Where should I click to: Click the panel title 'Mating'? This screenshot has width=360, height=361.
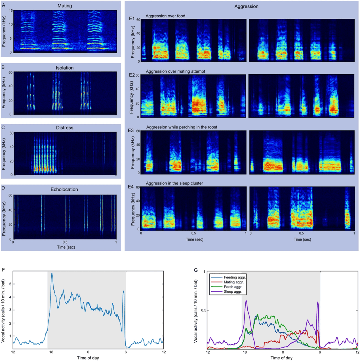[65, 6]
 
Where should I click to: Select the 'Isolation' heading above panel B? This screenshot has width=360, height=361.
[65, 68]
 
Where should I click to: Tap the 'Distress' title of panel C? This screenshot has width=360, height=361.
[65, 128]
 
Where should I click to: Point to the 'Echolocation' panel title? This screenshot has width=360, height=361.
[64, 189]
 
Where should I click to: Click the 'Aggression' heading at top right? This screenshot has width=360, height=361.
[246, 6]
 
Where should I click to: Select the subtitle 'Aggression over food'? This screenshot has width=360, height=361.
[165, 16]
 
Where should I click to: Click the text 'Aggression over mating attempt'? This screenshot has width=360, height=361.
[175, 71]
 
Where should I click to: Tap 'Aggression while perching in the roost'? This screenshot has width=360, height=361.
[182, 127]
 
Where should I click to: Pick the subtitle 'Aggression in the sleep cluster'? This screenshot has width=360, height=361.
[174, 183]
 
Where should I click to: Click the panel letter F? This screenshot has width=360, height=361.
[3, 270]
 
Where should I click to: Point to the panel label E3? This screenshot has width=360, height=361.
[131, 131]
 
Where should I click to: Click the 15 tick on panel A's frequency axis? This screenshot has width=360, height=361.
[11, 11]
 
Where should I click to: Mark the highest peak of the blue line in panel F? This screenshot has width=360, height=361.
[52, 273]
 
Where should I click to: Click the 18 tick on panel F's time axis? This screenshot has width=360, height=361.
[51, 352]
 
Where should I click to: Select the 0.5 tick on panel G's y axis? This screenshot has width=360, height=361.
[204, 310]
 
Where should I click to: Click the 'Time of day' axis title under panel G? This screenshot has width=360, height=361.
[281, 358]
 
